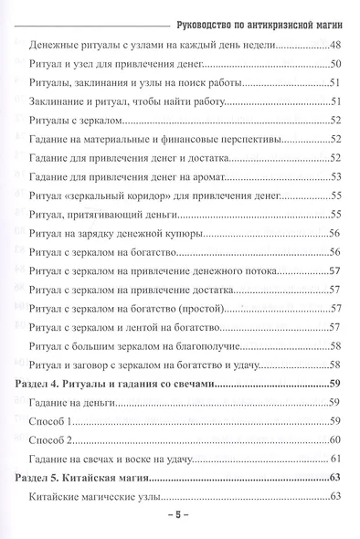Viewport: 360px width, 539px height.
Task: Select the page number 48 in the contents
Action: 334,46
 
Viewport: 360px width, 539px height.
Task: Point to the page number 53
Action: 334,176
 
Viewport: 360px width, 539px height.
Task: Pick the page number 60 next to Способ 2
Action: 334,439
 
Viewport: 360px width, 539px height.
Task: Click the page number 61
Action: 334,458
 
